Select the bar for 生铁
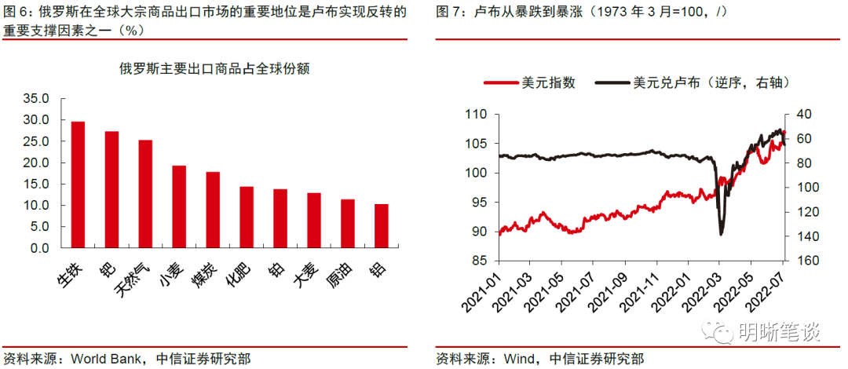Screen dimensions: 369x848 [x=78, y=184]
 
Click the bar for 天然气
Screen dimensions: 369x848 [x=145, y=194]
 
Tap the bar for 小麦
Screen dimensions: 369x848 [x=179, y=206]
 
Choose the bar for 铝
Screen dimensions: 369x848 [x=382, y=226]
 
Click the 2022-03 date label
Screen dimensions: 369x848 [x=706, y=292]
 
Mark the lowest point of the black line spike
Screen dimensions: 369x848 [x=722, y=234]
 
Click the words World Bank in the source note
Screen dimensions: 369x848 [x=105, y=359]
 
